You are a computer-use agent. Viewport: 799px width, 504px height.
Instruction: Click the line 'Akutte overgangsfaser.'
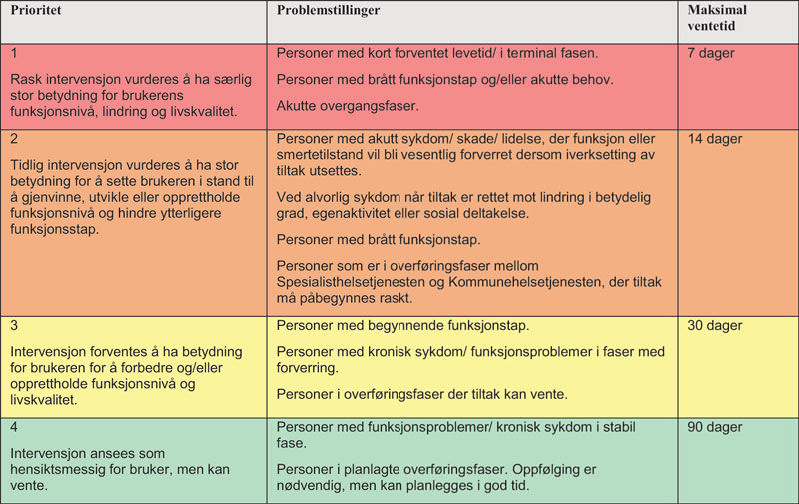pos(348,105)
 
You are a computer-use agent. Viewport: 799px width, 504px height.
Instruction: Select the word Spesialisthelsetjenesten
pos(358,283)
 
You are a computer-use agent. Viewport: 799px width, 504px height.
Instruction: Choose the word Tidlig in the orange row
pos(32,165)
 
